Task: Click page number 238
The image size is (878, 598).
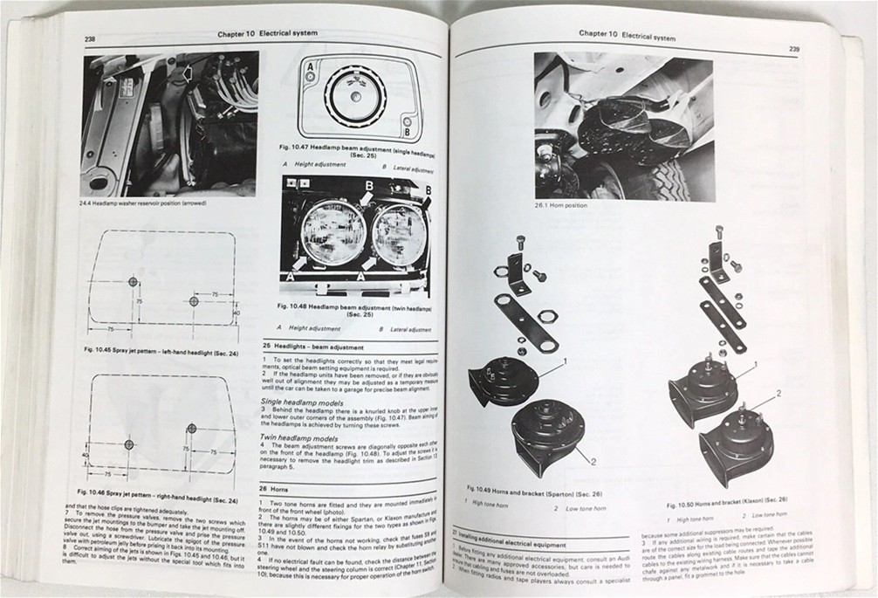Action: (x=91, y=39)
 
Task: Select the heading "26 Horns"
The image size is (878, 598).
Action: (x=278, y=490)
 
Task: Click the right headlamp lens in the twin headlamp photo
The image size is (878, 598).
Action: (x=397, y=234)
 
